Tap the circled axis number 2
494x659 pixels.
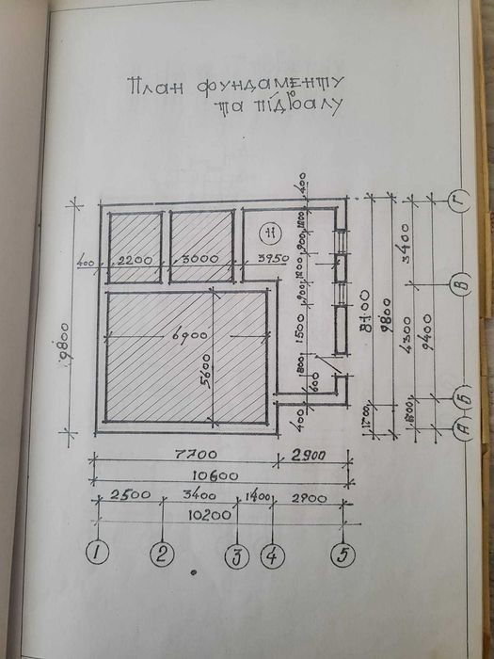(164, 554)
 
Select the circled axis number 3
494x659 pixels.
(236, 555)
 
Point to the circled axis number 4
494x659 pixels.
(272, 555)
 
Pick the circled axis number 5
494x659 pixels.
(343, 555)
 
